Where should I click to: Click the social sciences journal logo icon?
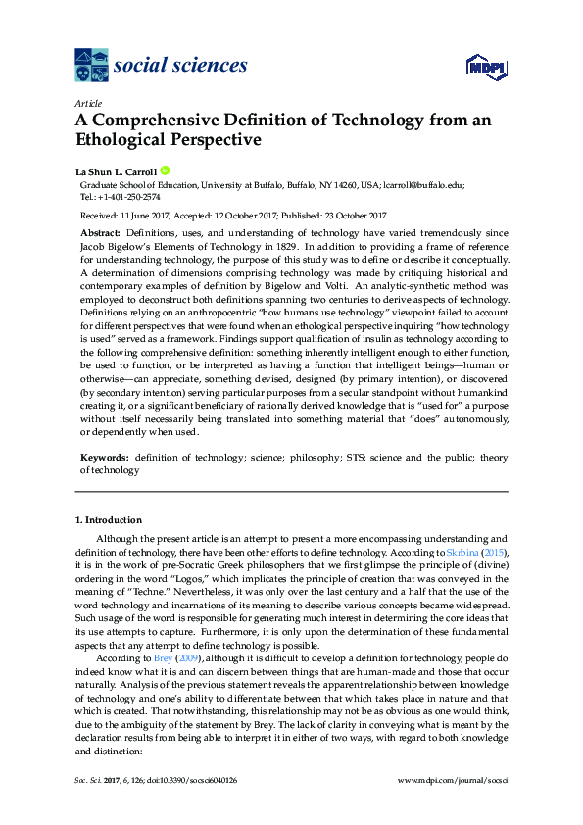pyautogui.click(x=92, y=66)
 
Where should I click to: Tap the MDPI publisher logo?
pyautogui.click(x=486, y=65)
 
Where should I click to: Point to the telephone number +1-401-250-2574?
pyautogui.click(x=126, y=195)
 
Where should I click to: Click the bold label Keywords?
pyautogui.click(x=103, y=458)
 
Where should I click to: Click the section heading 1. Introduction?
pyautogui.click(x=108, y=519)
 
